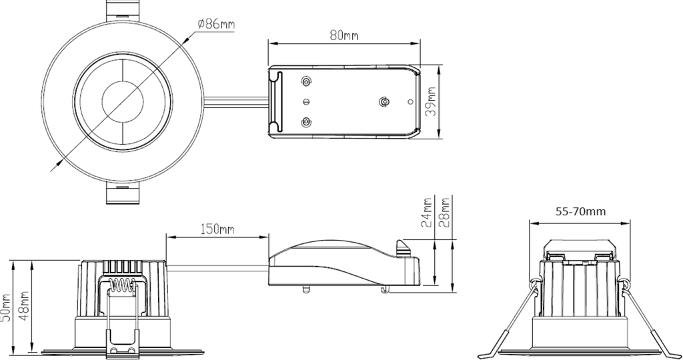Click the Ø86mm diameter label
click(215, 24)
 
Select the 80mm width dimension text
click(344, 35)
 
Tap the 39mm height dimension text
click(432, 103)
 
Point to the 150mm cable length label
click(217, 229)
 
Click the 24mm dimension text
click(427, 213)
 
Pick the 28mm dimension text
click(444, 213)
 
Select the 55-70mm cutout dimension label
click(580, 212)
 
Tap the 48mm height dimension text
click(25, 307)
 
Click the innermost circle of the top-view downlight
click(123, 102)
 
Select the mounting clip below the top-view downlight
click(123, 195)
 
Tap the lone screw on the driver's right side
click(384, 102)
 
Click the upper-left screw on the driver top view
click(306, 81)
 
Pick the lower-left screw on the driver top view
click(306, 123)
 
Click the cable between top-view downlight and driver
click(237, 102)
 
